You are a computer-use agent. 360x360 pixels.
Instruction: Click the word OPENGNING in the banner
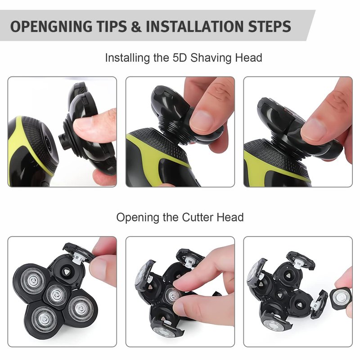click(52, 26)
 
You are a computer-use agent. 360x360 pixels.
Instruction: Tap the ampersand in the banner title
click(136, 26)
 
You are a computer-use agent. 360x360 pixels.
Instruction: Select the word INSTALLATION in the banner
click(195, 26)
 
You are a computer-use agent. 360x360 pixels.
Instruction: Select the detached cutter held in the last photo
click(341, 298)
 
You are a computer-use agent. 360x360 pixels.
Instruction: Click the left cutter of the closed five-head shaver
click(33, 280)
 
